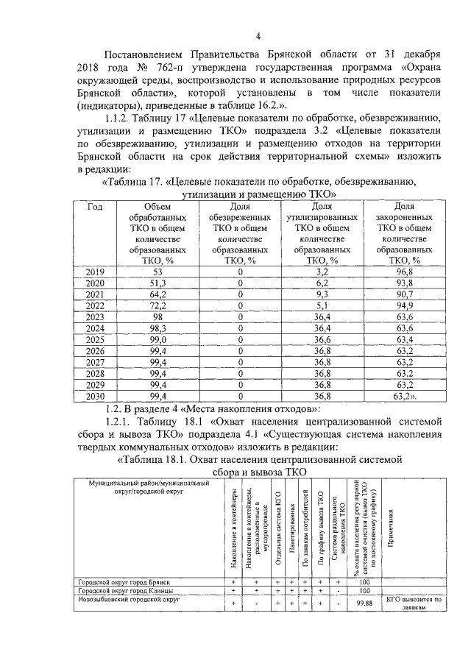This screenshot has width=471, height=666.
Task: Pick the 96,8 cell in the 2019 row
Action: [404, 272]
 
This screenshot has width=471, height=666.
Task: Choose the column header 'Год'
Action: [96, 208]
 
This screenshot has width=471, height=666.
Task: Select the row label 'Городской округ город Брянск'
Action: [127, 581]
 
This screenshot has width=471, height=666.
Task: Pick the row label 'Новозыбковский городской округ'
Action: [130, 598]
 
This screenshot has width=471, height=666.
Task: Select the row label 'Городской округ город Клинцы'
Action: [127, 590]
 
